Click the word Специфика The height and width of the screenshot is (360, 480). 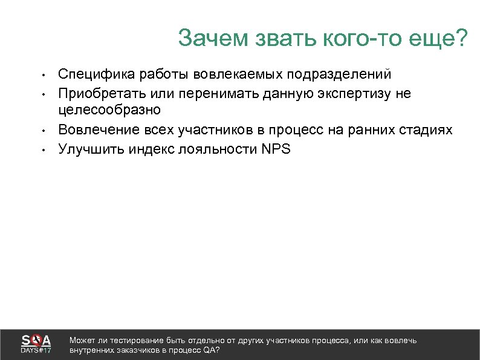96,74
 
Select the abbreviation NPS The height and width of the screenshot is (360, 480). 276,149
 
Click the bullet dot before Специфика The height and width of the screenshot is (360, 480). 44,76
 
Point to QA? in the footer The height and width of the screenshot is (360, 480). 211,350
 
